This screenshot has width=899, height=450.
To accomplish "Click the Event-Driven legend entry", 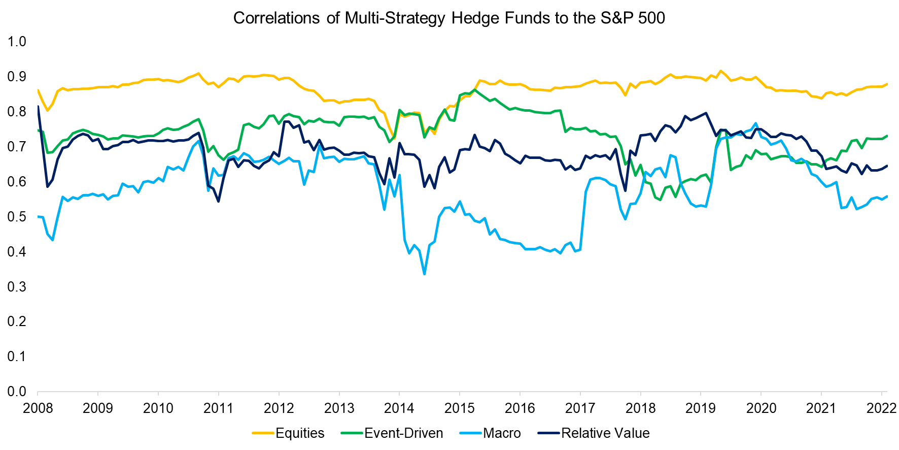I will click(403, 433).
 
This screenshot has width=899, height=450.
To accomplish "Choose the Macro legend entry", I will click(501, 433).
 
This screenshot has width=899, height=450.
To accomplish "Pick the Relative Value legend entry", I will click(605, 433).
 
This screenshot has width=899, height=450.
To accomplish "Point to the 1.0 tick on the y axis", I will click(17, 42).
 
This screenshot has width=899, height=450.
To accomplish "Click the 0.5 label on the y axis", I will click(17, 217).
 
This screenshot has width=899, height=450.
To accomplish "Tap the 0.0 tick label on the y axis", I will click(17, 392).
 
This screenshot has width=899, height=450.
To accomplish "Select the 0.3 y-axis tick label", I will click(17, 287).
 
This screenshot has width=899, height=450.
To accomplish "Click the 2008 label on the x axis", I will click(38, 408).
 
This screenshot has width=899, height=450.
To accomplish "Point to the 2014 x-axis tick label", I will click(399, 408).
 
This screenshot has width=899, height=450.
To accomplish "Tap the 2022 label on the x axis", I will click(881, 408).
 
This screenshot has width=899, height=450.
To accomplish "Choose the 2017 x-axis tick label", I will click(580, 408).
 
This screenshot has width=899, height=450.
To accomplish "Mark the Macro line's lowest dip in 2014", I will click(424, 274).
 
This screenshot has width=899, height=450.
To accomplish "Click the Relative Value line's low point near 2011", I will click(218, 202).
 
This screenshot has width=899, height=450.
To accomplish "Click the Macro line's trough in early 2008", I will click(52, 240).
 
